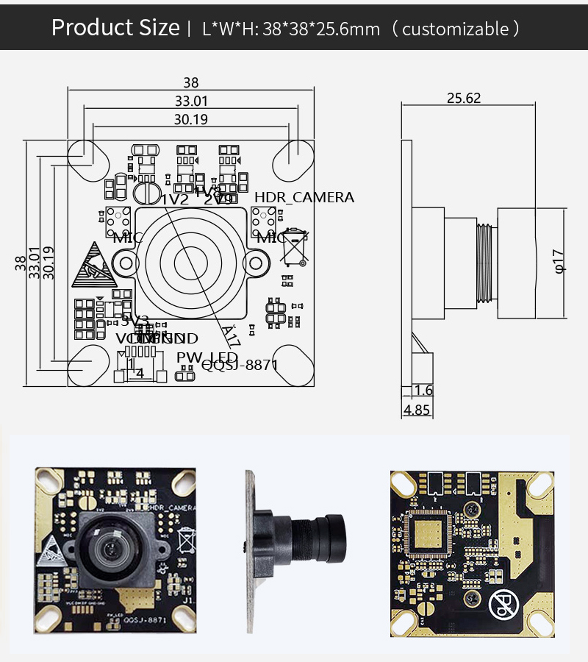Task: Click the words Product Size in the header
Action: pyautogui.click(x=115, y=28)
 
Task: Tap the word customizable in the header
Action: pyautogui.click(x=455, y=29)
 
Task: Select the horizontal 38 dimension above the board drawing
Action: pyautogui.click(x=191, y=82)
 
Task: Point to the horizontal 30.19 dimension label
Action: pyautogui.click(x=190, y=118)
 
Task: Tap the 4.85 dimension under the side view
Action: pyautogui.click(x=417, y=410)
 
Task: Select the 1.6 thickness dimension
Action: pyautogui.click(x=423, y=390)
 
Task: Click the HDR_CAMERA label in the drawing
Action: pyautogui.click(x=304, y=197)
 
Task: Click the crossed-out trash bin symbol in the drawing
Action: pyautogui.click(x=295, y=246)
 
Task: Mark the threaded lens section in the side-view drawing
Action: pyautogui.click(x=486, y=262)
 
